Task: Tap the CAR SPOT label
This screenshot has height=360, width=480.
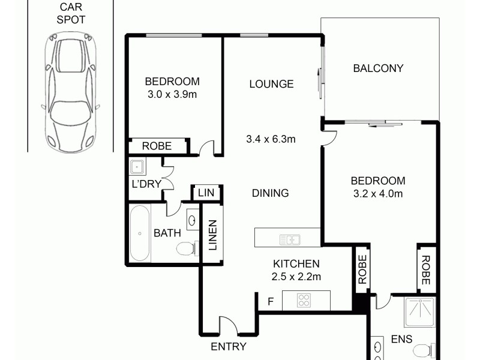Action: pyautogui.click(x=71, y=13)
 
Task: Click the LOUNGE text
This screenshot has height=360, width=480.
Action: pyautogui.click(x=271, y=84)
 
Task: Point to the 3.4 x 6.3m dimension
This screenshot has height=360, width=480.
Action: pyautogui.click(x=271, y=140)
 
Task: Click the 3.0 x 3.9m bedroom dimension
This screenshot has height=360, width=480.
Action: pyautogui.click(x=172, y=94)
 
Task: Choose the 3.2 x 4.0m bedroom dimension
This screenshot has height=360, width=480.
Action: pyautogui.click(x=377, y=193)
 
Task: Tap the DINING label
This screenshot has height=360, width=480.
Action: pyautogui.click(x=270, y=193)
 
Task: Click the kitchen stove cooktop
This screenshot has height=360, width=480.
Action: pyautogui.click(x=305, y=299)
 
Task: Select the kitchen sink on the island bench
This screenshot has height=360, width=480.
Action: pyautogui.click(x=290, y=240)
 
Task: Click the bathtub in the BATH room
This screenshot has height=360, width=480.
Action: pyautogui.click(x=139, y=233)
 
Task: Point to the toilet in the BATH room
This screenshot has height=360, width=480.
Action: pyautogui.click(x=187, y=247)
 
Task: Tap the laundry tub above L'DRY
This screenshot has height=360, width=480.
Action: pyautogui.click(x=137, y=166)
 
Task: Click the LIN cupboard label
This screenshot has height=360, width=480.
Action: pyautogui.click(x=206, y=193)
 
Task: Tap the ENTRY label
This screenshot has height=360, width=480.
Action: pyautogui.click(x=229, y=346)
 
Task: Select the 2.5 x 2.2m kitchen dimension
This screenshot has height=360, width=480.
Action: pyautogui.click(x=296, y=277)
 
